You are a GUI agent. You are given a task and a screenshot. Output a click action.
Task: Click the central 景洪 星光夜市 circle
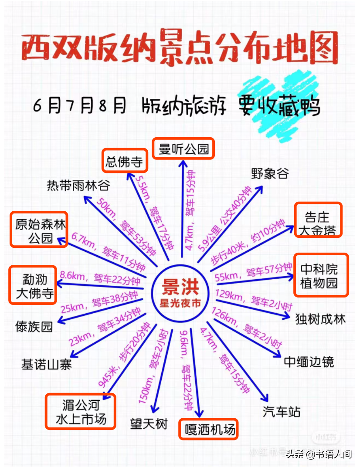pyautogui.click(x=180, y=293)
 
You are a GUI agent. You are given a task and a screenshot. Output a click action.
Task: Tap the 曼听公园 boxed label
pyautogui.click(x=183, y=148)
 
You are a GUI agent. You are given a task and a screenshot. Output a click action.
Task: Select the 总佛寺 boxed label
pyautogui.click(x=125, y=161)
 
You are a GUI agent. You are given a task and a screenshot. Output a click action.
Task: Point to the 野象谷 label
pyautogui.click(x=270, y=173)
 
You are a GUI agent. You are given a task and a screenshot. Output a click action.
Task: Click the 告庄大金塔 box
pyautogui.click(x=318, y=220)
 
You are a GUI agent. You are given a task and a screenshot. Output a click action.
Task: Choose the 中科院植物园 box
pyautogui.click(x=321, y=275)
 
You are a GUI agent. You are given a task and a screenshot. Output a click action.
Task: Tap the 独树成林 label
pyautogui.click(x=320, y=319)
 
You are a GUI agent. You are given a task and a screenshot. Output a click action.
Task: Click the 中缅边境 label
pyautogui.click(x=309, y=362)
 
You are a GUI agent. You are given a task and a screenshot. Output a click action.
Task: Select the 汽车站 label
pyautogui.click(x=281, y=412)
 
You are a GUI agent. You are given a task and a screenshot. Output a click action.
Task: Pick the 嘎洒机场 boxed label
pyautogui.click(x=208, y=429)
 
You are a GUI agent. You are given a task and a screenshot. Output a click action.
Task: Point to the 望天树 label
pyautogui.click(x=149, y=423)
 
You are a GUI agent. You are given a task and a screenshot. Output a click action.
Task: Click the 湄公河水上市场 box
pyautogui.click(x=81, y=412)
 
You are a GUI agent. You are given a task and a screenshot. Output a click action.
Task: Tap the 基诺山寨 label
pyautogui.click(x=47, y=364)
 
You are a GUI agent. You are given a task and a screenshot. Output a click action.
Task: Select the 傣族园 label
pyautogui.click(x=34, y=326)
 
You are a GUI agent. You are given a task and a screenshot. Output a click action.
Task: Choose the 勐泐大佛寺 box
pyautogui.click(x=33, y=285)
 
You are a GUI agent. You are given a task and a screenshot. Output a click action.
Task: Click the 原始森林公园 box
pyautogui.click(x=39, y=229)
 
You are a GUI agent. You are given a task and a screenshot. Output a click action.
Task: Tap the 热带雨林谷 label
pyautogui.click(x=78, y=185)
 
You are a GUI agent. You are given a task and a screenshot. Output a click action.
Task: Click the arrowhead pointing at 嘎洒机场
pyautogui.click(x=199, y=413)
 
